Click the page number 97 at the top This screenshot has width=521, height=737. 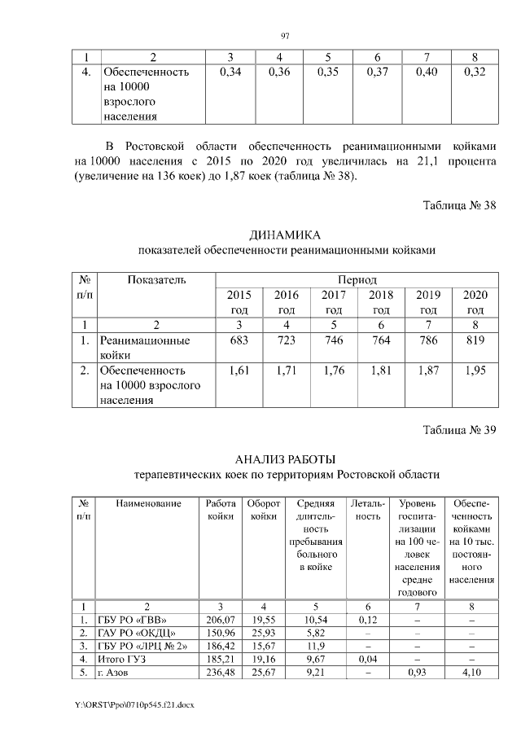pos(285,35)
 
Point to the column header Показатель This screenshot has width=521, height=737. pos(156,280)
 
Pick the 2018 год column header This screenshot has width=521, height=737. pos(380,302)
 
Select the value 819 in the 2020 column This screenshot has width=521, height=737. pos(475,340)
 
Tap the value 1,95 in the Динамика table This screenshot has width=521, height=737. pos(475,371)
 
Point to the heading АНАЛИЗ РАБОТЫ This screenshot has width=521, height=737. pos(285,460)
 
